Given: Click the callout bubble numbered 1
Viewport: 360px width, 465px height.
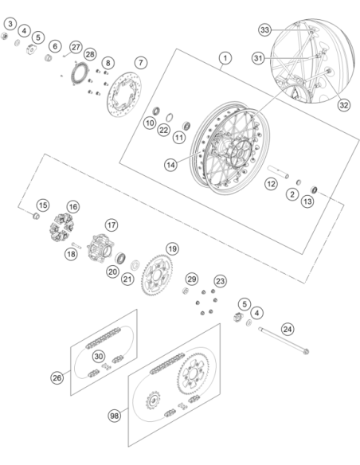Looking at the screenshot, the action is click(x=225, y=58).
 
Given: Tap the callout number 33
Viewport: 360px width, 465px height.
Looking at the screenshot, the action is click(x=264, y=30).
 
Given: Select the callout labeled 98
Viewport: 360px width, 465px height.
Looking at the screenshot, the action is click(x=115, y=416).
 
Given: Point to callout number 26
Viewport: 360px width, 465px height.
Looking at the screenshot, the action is click(x=57, y=377).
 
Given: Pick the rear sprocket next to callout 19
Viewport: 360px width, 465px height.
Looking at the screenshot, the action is click(x=157, y=275).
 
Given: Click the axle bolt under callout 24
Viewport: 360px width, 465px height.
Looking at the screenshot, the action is click(x=284, y=341).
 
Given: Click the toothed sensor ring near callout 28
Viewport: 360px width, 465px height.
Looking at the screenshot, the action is click(x=80, y=73).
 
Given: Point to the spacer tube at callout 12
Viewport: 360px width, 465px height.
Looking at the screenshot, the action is click(x=278, y=172).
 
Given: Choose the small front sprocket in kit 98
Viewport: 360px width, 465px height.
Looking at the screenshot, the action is click(x=153, y=400).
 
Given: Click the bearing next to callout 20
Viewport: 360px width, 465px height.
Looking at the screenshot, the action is click(x=121, y=257).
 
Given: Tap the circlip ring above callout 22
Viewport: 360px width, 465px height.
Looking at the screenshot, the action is click(x=170, y=117).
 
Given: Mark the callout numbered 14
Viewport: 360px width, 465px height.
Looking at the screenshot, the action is click(x=170, y=165).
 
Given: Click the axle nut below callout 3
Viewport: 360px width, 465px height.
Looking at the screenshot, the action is click(x=4, y=36).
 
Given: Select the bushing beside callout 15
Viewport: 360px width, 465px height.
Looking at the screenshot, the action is click(x=36, y=217).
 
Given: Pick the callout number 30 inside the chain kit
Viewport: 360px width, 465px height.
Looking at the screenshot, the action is click(x=99, y=356).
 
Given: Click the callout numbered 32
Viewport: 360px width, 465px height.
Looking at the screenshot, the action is click(x=344, y=105).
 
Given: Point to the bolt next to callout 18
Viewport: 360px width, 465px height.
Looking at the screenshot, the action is click(x=76, y=245).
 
